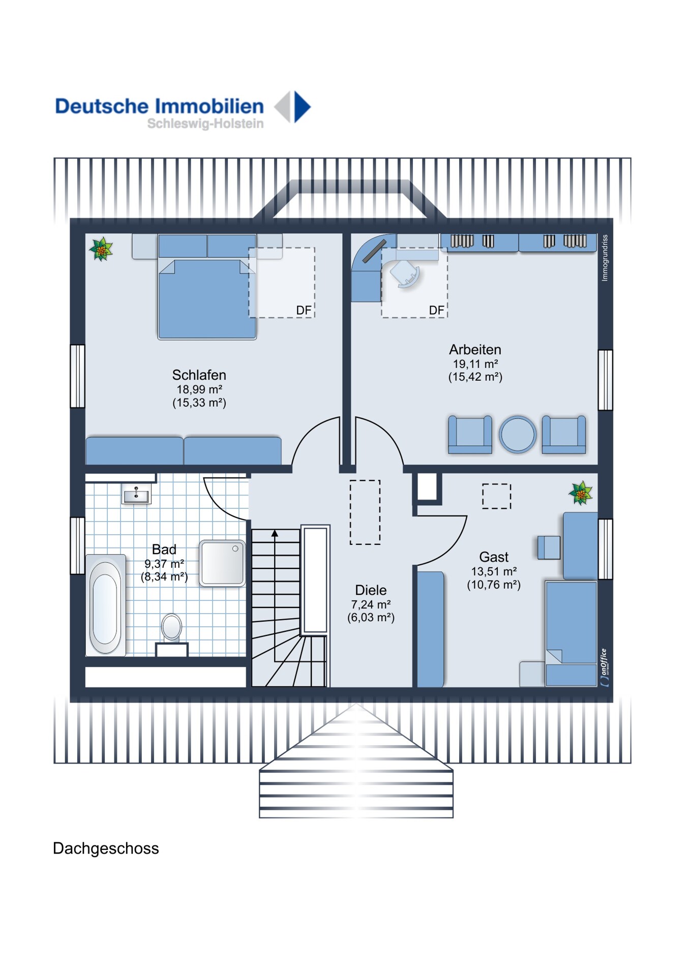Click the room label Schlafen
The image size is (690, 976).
point(199,375)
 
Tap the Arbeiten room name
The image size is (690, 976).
point(475,350)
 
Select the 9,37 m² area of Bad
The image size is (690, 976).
point(164,564)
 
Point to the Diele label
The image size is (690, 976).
point(371,590)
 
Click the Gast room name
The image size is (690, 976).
point(494,557)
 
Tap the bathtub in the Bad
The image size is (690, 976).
point(105,605)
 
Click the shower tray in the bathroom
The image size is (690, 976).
point(222,563)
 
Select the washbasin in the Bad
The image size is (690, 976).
point(136,494)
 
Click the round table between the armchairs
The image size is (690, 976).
point(518,435)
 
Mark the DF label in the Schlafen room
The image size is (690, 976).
point(304,310)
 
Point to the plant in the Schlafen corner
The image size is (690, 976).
point(101,249)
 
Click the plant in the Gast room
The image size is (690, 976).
point(581,493)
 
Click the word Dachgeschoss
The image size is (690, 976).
point(106,848)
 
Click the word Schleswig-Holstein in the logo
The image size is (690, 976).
point(205,124)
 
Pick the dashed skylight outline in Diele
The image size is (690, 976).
point(365,512)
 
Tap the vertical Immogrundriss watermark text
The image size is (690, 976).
point(605,258)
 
